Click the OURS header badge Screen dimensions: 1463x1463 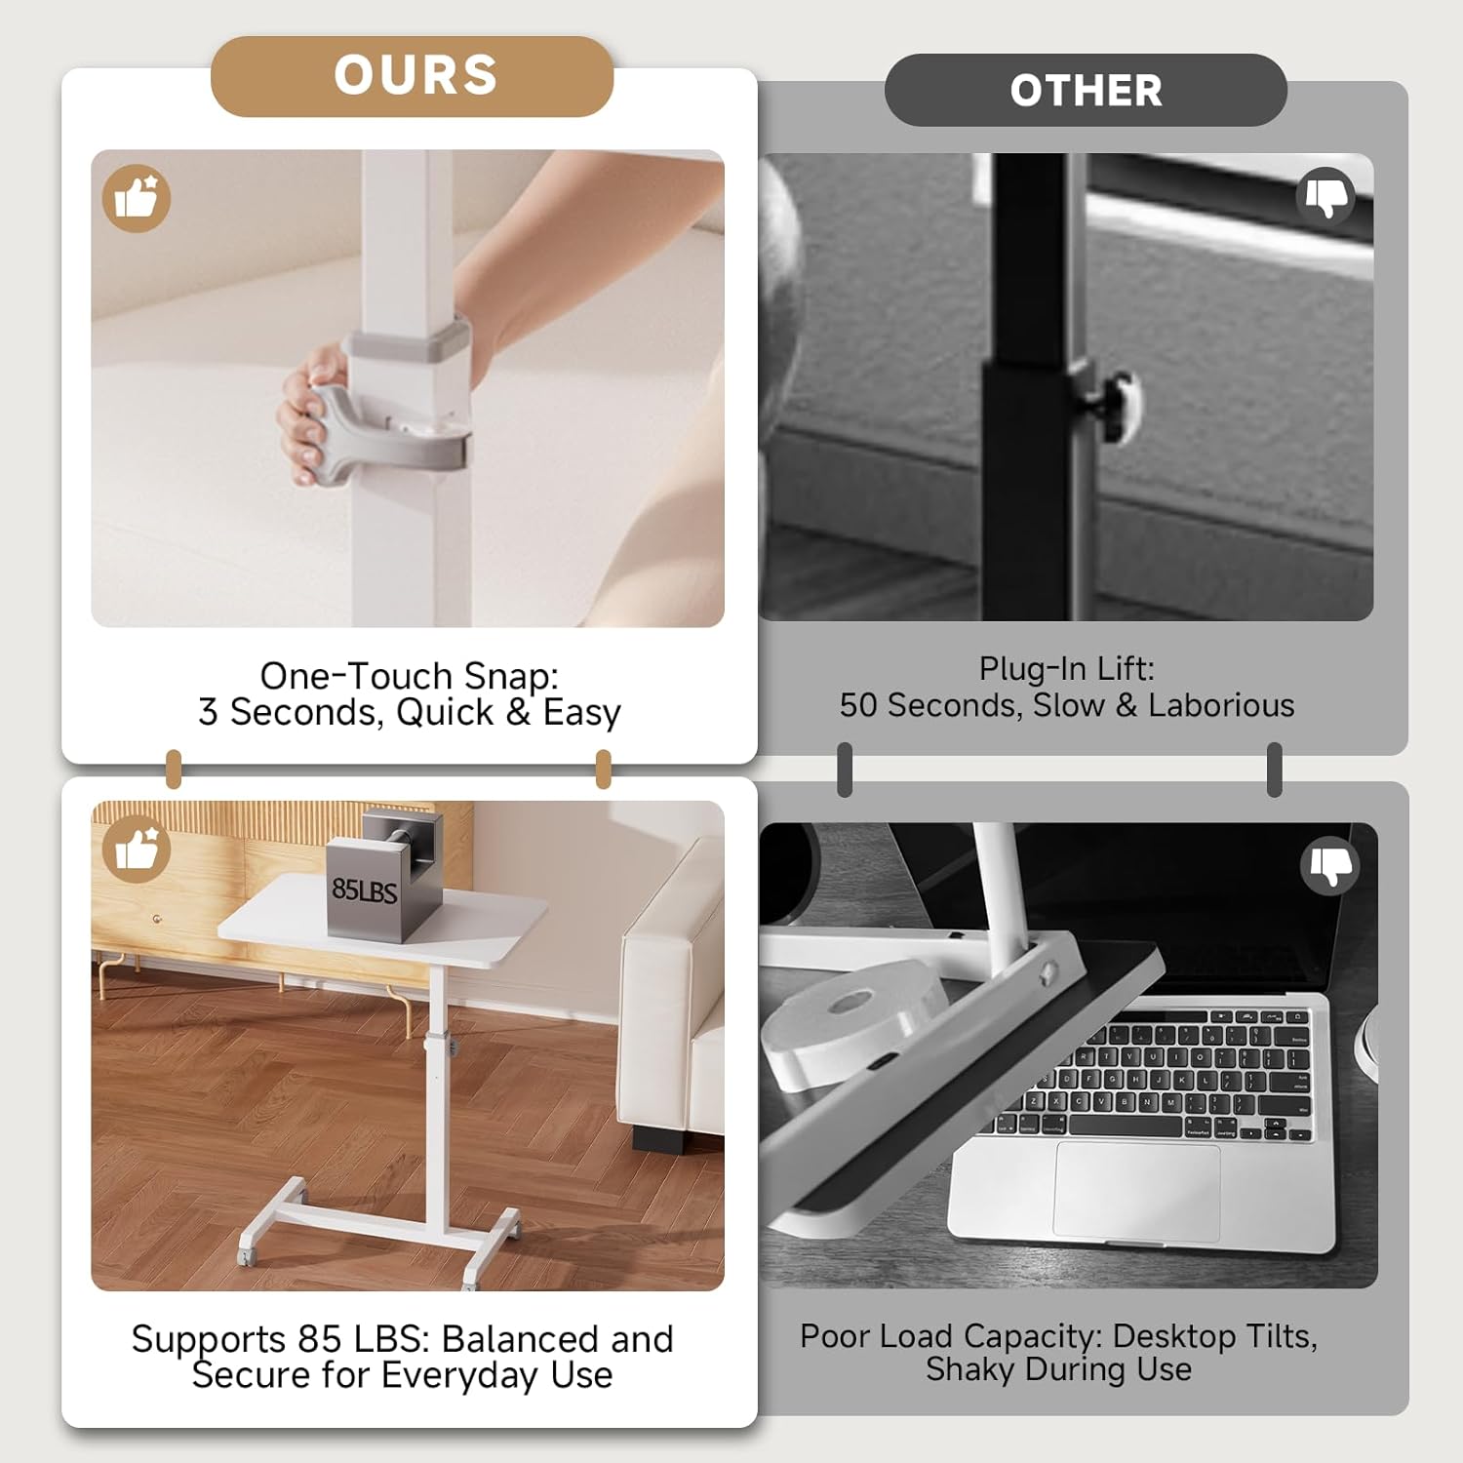pyautogui.click(x=413, y=76)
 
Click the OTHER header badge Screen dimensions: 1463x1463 pyautogui.click(x=1086, y=91)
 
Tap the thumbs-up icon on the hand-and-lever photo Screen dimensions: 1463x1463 pyautogui.click(x=137, y=198)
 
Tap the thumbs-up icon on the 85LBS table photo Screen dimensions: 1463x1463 pyautogui.click(x=137, y=850)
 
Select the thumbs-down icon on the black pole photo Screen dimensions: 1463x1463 pyautogui.click(x=1325, y=195)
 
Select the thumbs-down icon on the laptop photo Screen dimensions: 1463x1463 pyautogui.click(x=1330, y=863)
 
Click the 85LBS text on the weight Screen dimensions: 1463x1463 pyautogui.click(x=364, y=890)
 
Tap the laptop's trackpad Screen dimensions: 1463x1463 pyautogui.click(x=1136, y=1190)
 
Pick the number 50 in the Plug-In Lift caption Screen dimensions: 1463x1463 pyautogui.click(x=858, y=705)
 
